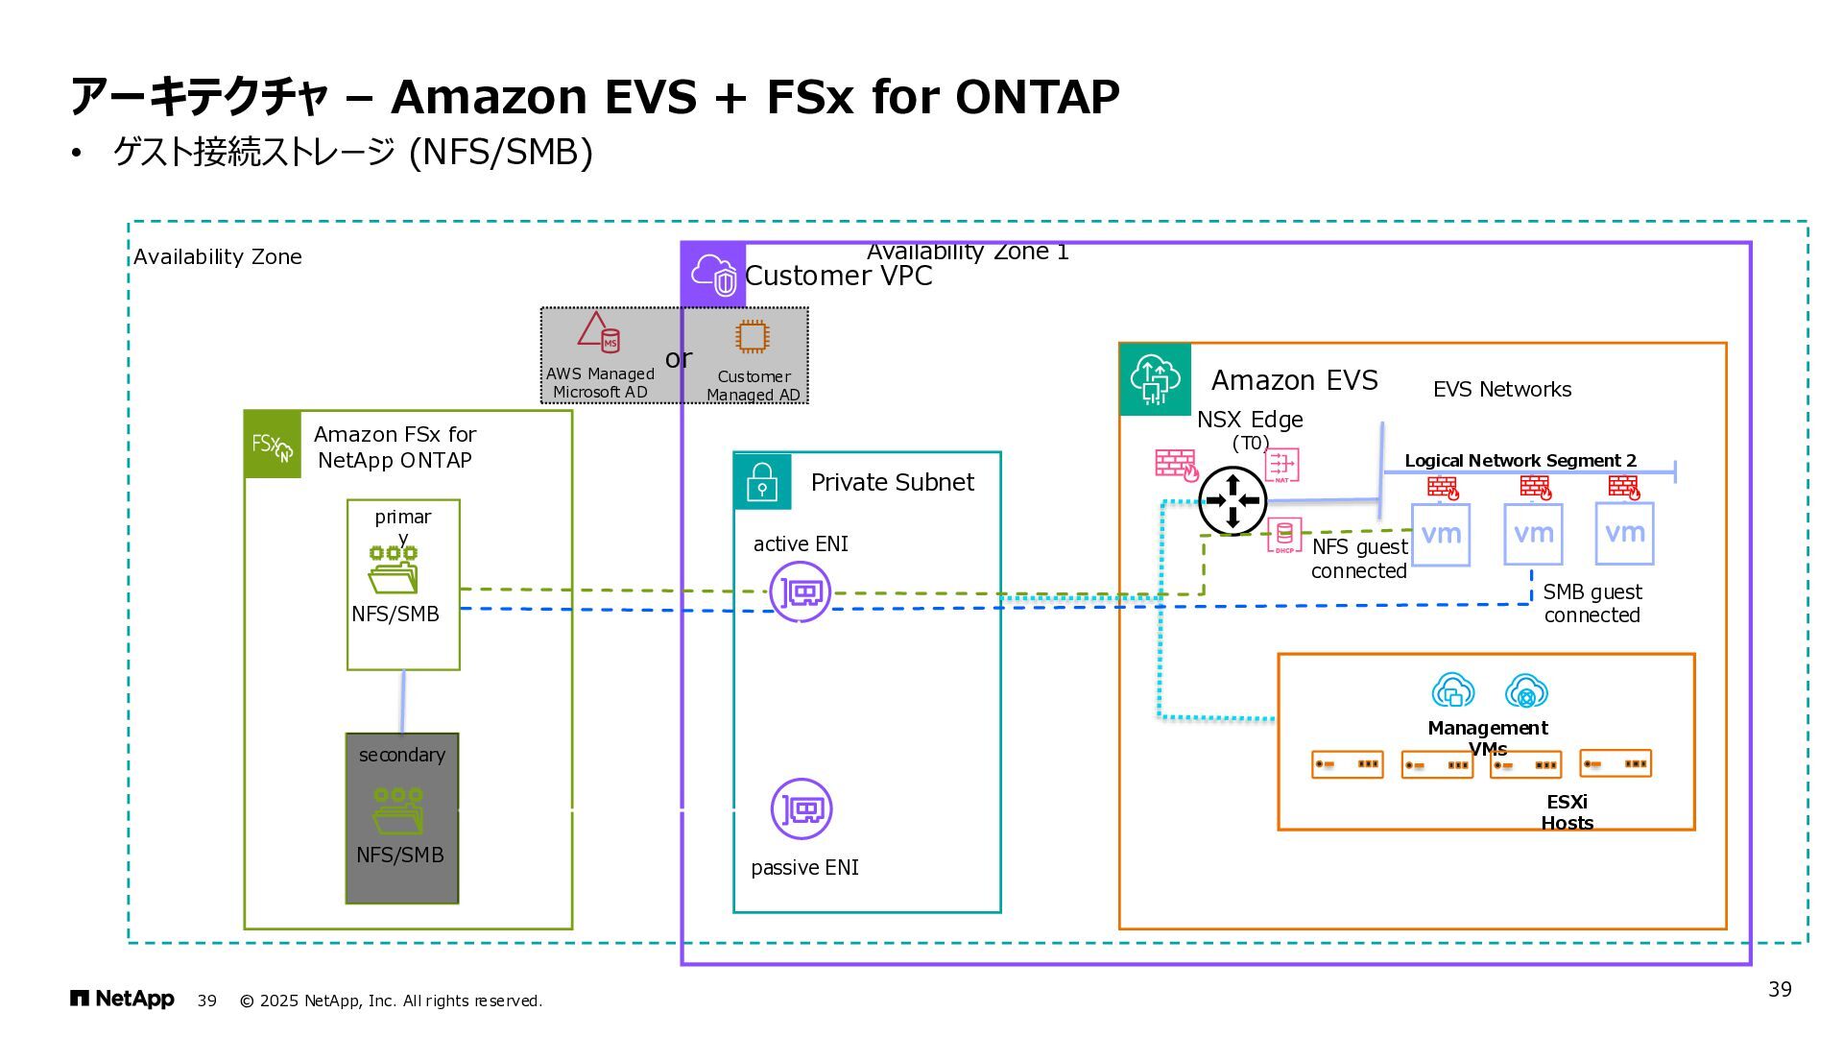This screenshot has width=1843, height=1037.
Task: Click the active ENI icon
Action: [x=801, y=592]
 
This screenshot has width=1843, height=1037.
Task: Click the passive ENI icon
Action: [x=802, y=808]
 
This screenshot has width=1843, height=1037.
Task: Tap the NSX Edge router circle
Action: [x=1233, y=500]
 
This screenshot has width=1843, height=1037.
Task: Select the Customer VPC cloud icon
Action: [x=713, y=275]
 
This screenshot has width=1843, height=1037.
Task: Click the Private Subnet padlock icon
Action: [x=762, y=481]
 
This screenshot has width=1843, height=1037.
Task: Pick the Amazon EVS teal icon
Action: [x=1155, y=379]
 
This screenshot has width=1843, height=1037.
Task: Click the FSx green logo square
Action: [x=273, y=445]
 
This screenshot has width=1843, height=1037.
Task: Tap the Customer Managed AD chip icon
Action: [x=752, y=337]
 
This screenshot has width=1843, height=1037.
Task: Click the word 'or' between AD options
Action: [x=678, y=358]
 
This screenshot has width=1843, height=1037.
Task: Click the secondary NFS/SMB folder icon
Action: [x=397, y=811]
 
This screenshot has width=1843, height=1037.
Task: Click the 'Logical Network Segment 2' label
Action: [x=1520, y=461]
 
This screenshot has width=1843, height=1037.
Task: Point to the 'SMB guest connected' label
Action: [x=1592, y=604]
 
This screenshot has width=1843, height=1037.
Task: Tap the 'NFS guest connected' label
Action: [x=1359, y=559]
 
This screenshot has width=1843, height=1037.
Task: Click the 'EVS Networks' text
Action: [x=1502, y=390]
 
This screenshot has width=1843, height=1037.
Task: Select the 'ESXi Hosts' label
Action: [x=1567, y=812]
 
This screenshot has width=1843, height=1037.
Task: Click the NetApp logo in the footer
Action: [x=122, y=1000]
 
